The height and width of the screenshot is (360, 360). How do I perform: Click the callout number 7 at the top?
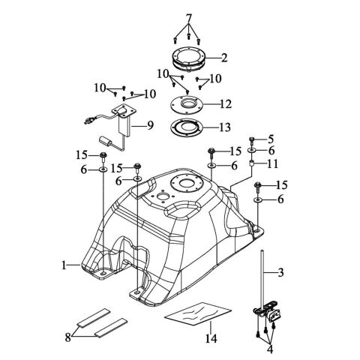pos(189,18)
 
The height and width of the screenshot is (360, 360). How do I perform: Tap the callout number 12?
pos(225,104)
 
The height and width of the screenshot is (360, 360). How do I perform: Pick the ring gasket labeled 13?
pos(187,127)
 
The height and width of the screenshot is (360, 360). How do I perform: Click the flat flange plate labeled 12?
pos(187,104)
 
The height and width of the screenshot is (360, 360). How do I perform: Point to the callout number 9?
pos(150,125)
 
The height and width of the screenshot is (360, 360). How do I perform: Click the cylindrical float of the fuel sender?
pos(106,142)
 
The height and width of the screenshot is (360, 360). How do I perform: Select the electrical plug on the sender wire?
pos(88,121)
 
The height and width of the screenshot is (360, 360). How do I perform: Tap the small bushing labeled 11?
pos(251,164)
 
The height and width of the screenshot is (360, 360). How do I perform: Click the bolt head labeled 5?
pos(252,139)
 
